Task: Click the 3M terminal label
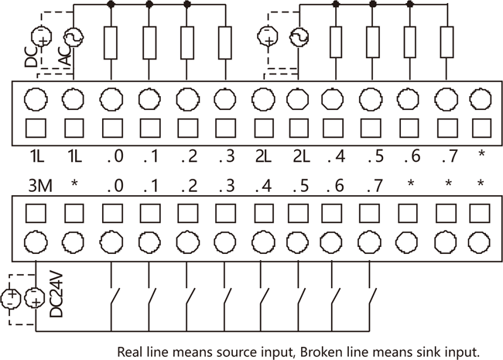tap(40, 186)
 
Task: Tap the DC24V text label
tap(56, 295)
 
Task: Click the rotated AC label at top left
tap(65, 55)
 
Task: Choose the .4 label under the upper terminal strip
tap(336, 156)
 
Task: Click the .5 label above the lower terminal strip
tap(300, 186)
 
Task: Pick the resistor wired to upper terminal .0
tap(111, 43)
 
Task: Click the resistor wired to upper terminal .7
tap(447, 43)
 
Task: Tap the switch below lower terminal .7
tap(372, 297)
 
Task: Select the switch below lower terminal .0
tap(115, 297)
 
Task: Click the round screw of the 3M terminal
tap(36, 242)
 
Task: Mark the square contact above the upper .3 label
tap(225, 128)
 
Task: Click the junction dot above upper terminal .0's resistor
tap(111, 4)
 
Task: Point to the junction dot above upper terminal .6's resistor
tap(410, 4)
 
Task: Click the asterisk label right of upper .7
tap(481, 153)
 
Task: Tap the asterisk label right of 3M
tap(74, 183)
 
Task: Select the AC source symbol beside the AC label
tap(74, 37)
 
